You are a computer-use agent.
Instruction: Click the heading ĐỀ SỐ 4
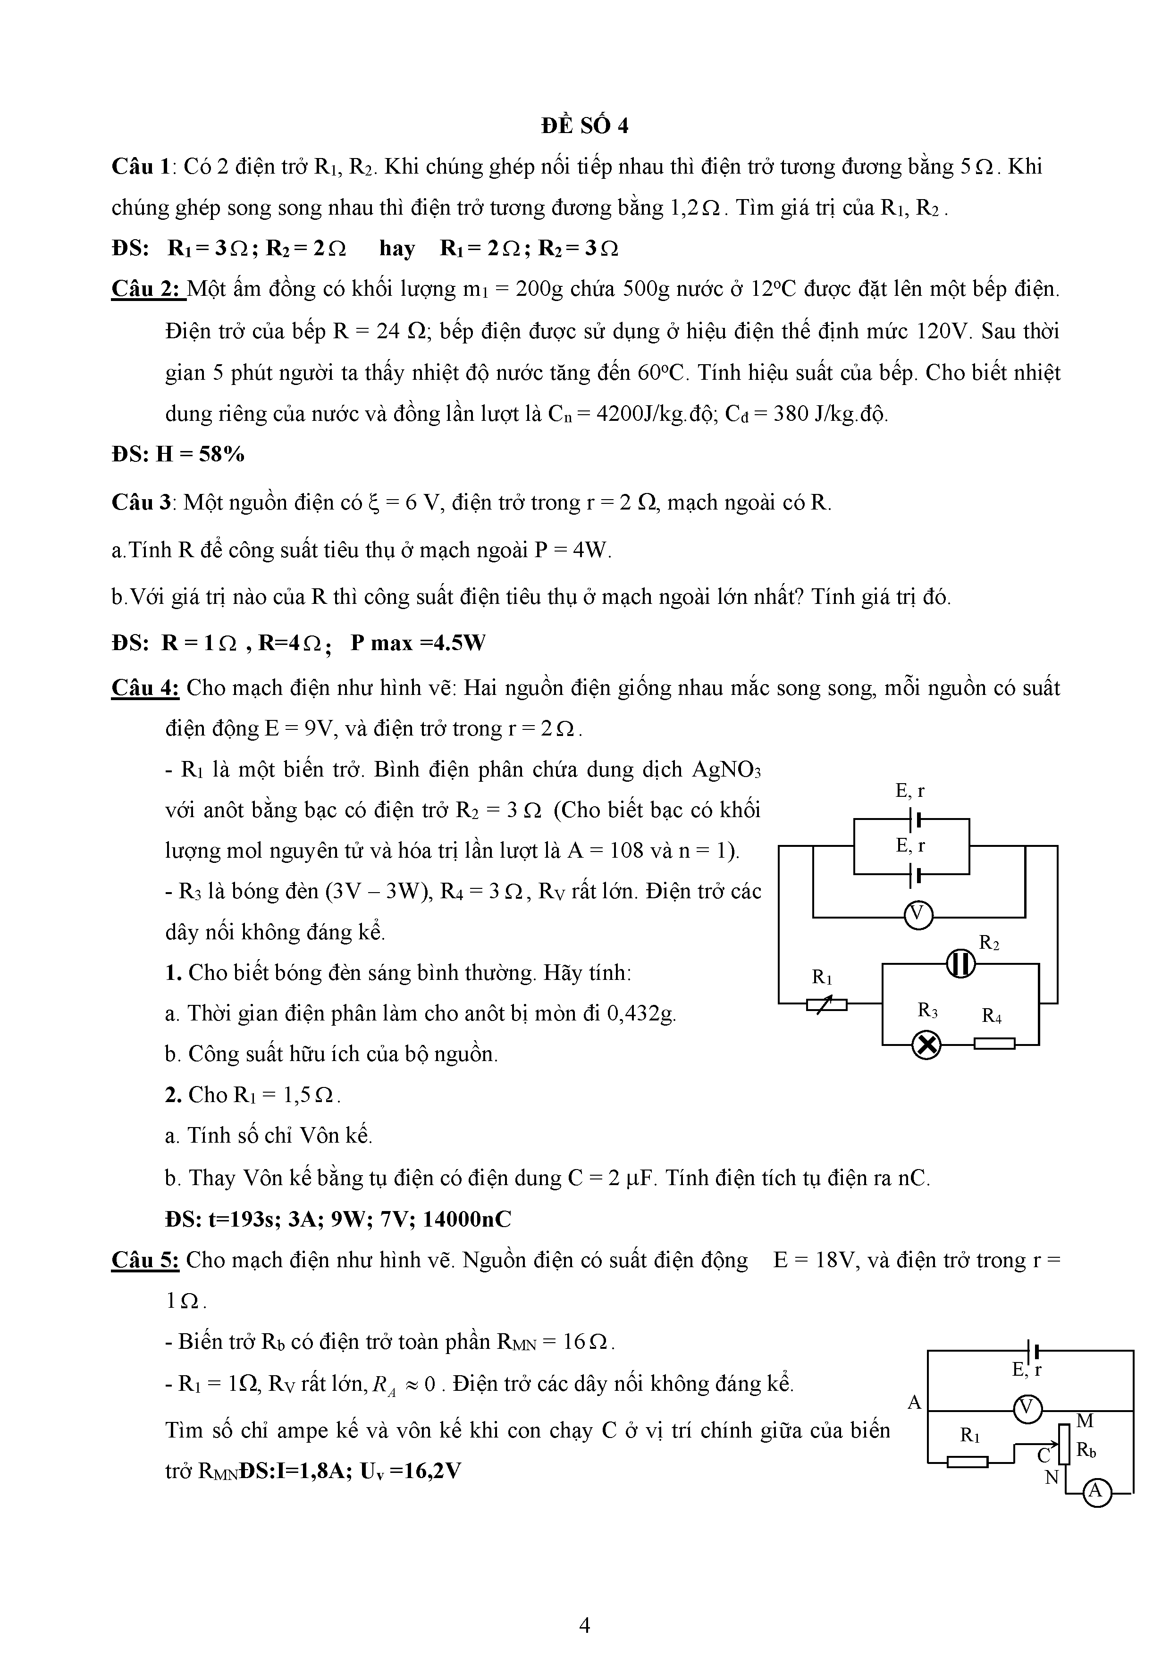click(585, 125)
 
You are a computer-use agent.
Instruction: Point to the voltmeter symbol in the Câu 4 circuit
click(917, 915)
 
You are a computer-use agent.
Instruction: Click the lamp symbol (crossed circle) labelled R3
click(927, 1045)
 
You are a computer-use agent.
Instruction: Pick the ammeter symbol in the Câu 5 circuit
click(1096, 1491)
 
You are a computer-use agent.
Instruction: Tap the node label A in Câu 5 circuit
click(914, 1402)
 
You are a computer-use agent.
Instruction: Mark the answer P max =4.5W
click(418, 642)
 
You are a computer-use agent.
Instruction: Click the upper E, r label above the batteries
click(910, 791)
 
